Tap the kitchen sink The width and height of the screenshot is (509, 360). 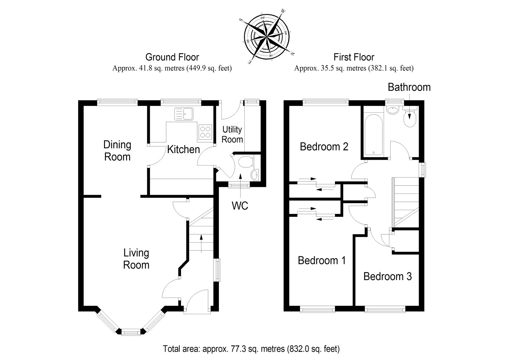(x=184, y=114)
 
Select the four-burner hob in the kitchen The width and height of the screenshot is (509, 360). (x=205, y=132)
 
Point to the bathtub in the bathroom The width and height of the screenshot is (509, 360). (x=374, y=135)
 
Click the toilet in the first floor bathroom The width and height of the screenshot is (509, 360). (x=410, y=119)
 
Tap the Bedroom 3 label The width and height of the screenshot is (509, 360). (x=387, y=276)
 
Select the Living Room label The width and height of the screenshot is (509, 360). (x=136, y=259)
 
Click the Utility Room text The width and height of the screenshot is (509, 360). (x=232, y=134)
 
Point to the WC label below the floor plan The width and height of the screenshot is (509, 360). (x=240, y=206)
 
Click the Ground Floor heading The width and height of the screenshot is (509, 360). (x=172, y=57)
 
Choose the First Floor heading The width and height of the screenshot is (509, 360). (x=354, y=57)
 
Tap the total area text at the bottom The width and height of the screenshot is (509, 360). (x=251, y=349)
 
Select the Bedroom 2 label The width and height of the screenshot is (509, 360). (x=324, y=147)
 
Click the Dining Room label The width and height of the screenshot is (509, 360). (x=117, y=151)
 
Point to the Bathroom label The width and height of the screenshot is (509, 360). (x=409, y=87)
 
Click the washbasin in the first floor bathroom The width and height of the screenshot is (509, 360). (x=392, y=110)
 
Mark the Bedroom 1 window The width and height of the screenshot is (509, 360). (x=317, y=308)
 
